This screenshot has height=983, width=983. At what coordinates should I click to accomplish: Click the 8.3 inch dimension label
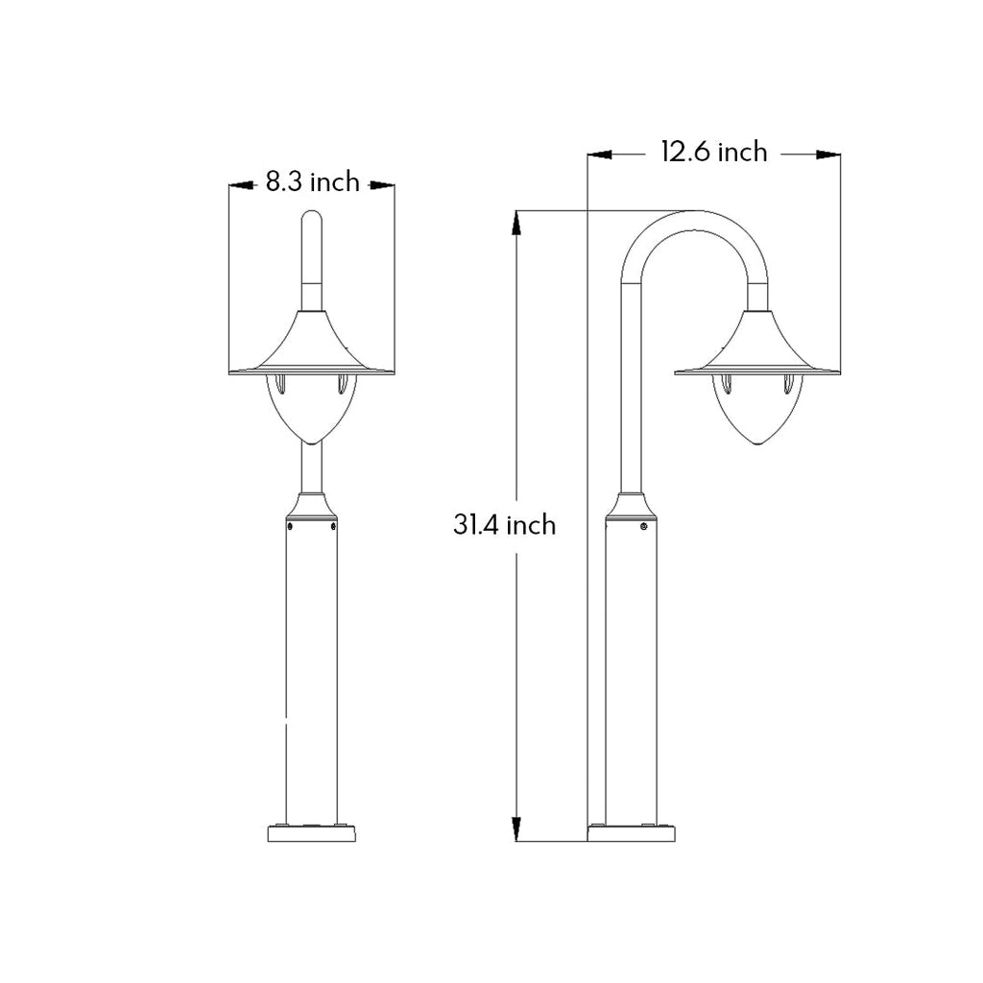(312, 181)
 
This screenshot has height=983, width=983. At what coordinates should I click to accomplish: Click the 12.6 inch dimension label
(713, 152)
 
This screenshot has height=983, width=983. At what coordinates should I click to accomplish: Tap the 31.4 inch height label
(504, 524)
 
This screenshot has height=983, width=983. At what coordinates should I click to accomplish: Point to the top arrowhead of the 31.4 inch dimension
(516, 223)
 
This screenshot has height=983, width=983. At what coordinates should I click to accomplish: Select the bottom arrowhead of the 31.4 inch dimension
(516, 828)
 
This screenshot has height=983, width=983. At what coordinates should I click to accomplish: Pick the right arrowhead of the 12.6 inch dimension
(828, 154)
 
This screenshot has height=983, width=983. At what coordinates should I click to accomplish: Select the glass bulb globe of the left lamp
(312, 408)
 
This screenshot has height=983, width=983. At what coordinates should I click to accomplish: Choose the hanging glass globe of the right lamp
(757, 411)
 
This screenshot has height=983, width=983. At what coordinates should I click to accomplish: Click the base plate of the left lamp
(312, 833)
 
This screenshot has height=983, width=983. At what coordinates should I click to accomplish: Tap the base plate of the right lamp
(634, 833)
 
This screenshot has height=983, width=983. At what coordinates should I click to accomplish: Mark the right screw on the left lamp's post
(333, 526)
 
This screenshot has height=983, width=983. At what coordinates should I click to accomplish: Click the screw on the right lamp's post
(643, 526)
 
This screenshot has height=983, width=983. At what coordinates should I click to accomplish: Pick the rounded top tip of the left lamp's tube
(312, 215)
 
